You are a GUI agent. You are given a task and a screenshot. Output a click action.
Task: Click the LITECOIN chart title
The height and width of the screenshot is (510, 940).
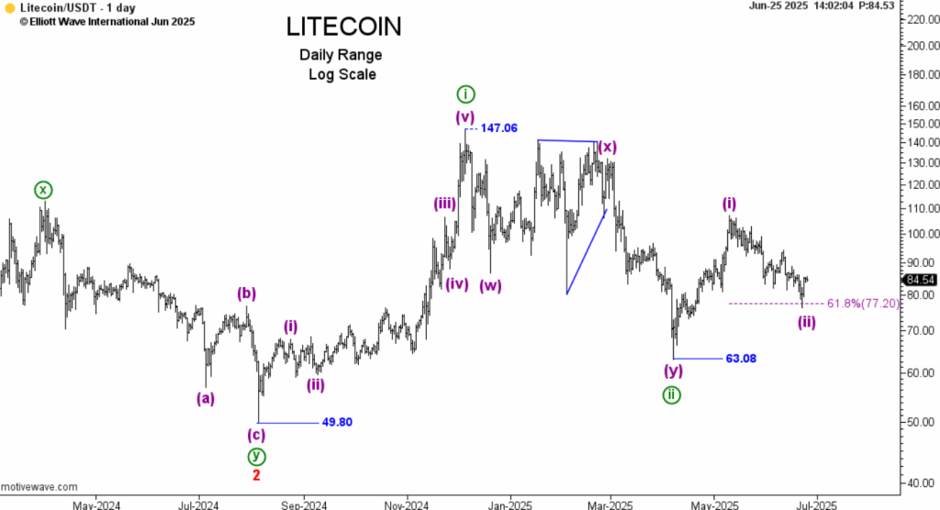pyautogui.click(x=342, y=27)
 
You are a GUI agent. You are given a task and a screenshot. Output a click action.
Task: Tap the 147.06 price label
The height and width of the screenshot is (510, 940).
pyautogui.click(x=498, y=128)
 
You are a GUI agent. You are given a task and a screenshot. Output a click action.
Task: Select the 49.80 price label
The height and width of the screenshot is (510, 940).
pyautogui.click(x=337, y=423)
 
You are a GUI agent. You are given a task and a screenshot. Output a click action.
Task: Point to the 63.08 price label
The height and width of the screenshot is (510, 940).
pyautogui.click(x=741, y=358)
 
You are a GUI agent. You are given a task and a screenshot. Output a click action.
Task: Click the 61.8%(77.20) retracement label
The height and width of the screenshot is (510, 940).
pyautogui.click(x=863, y=304)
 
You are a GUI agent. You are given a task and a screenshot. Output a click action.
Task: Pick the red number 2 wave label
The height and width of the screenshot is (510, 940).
pyautogui.click(x=256, y=475)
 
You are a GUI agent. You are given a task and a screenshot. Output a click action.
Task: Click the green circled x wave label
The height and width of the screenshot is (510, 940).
pyautogui.click(x=43, y=190)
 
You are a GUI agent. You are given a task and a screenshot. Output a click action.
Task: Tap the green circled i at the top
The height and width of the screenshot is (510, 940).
pyautogui.click(x=465, y=94)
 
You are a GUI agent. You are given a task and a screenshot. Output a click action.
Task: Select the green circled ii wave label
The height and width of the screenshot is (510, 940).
pyautogui.click(x=672, y=394)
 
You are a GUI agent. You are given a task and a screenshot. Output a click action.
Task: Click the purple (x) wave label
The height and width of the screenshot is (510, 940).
pyautogui.click(x=607, y=147)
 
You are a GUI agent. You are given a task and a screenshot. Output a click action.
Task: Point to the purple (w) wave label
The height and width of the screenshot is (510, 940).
pyautogui.click(x=490, y=284)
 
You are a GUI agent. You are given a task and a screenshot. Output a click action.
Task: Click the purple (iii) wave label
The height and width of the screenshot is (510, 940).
pyautogui.click(x=445, y=204)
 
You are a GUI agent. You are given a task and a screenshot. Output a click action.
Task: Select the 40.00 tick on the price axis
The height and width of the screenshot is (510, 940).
pyautogui.click(x=917, y=483)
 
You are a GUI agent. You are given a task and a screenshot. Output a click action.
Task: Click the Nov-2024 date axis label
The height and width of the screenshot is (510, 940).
pyautogui.click(x=406, y=504)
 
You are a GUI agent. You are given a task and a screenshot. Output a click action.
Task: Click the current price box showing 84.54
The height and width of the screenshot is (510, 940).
pyautogui.click(x=920, y=280)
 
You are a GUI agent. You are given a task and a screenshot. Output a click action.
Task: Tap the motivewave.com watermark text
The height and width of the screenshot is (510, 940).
pyautogui.click(x=39, y=486)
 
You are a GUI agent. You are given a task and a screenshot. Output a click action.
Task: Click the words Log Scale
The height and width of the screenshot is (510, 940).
pyautogui.click(x=341, y=74)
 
